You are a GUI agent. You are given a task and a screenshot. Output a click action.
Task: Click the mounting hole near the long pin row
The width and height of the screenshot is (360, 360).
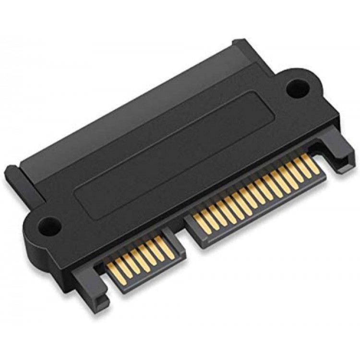coord(297,89)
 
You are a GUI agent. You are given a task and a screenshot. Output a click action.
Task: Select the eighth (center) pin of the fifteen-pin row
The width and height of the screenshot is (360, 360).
coord(255,192)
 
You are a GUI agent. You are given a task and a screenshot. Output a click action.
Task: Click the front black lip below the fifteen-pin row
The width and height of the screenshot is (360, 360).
coord(269,202)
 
